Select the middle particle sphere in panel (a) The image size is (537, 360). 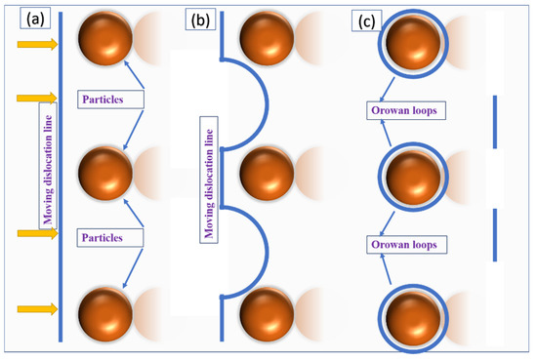(103, 172)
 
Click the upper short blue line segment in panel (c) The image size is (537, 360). (494, 122)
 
